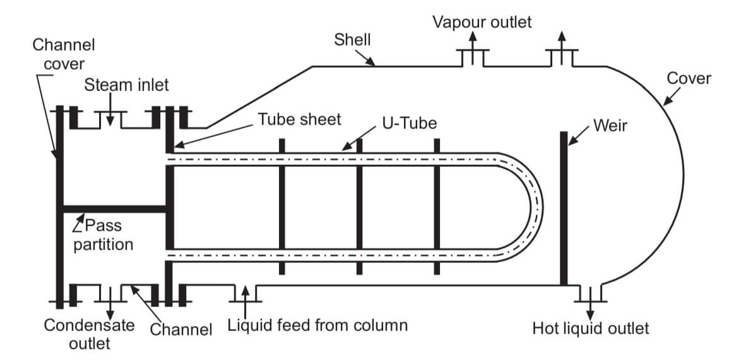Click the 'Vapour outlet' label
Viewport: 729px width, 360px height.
point(482,23)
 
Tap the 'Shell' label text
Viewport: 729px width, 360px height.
point(352,40)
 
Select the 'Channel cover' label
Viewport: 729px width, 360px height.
point(63,54)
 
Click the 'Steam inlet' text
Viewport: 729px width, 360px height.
point(126,85)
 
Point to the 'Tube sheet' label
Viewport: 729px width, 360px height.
point(299,119)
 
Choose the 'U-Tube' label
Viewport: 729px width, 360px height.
point(409,123)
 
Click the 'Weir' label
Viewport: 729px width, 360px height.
point(610,125)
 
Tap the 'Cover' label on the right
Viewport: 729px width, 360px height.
point(689,78)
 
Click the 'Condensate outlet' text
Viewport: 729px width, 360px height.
point(89,334)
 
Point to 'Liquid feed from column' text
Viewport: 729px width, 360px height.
point(317,326)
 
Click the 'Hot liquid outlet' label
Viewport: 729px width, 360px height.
point(590,328)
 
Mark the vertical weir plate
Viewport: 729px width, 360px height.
point(564,208)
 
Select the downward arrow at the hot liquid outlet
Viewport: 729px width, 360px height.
point(590,308)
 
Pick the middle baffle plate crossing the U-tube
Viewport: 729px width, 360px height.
point(359,207)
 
